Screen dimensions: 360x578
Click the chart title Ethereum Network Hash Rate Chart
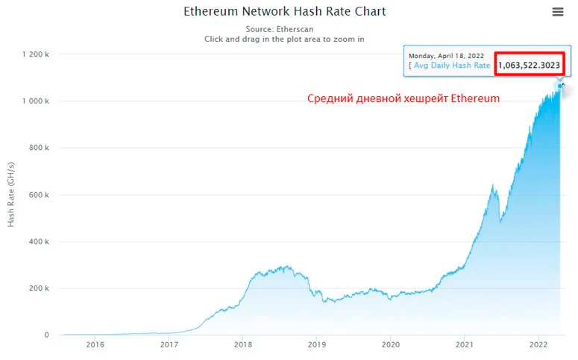click(x=285, y=12)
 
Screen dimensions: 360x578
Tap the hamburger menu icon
click(x=558, y=12)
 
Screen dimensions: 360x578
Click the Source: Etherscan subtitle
click(x=284, y=28)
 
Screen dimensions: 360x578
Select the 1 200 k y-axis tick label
click(x=36, y=54)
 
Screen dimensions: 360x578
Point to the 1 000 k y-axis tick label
click(x=36, y=101)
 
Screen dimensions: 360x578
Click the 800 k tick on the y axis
click(x=38, y=148)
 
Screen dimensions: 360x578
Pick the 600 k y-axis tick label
click(x=38, y=195)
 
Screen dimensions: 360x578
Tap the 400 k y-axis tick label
click(x=38, y=241)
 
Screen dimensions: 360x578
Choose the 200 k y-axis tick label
click(x=38, y=288)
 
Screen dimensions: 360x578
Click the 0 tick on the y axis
click(x=46, y=335)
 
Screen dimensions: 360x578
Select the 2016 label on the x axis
click(x=95, y=344)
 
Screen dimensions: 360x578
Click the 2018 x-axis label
click(x=243, y=344)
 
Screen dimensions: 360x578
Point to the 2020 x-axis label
click(x=391, y=344)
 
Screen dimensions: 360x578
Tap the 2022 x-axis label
click(x=538, y=344)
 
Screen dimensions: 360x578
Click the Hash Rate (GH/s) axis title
click(x=11, y=195)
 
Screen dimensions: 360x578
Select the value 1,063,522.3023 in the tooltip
click(x=529, y=66)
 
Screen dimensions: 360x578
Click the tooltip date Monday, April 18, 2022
click(x=446, y=56)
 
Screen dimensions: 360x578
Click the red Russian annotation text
click(x=403, y=98)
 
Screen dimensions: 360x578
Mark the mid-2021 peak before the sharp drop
click(x=493, y=184)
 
